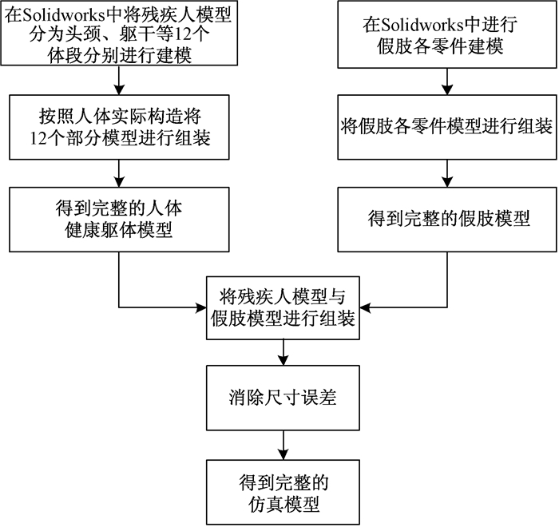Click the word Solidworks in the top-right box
(422, 25)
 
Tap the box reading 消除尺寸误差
(283, 398)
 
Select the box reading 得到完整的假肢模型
(447, 220)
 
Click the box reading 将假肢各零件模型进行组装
(447, 127)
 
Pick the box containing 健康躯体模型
(119, 220)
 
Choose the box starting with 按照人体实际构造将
(119, 127)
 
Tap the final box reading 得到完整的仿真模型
(283, 492)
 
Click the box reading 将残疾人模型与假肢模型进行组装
(283, 307)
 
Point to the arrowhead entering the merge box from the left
(202, 307)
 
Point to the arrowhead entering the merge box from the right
(364, 307)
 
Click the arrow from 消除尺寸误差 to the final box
(283, 445)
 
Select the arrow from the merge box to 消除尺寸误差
(283, 352)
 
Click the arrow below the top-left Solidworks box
(119, 80)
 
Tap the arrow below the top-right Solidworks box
(447, 81)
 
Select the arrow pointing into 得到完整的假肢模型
(447, 173)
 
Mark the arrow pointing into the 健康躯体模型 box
(119, 173)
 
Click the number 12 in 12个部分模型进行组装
(38, 138)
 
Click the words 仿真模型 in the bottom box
(283, 504)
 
